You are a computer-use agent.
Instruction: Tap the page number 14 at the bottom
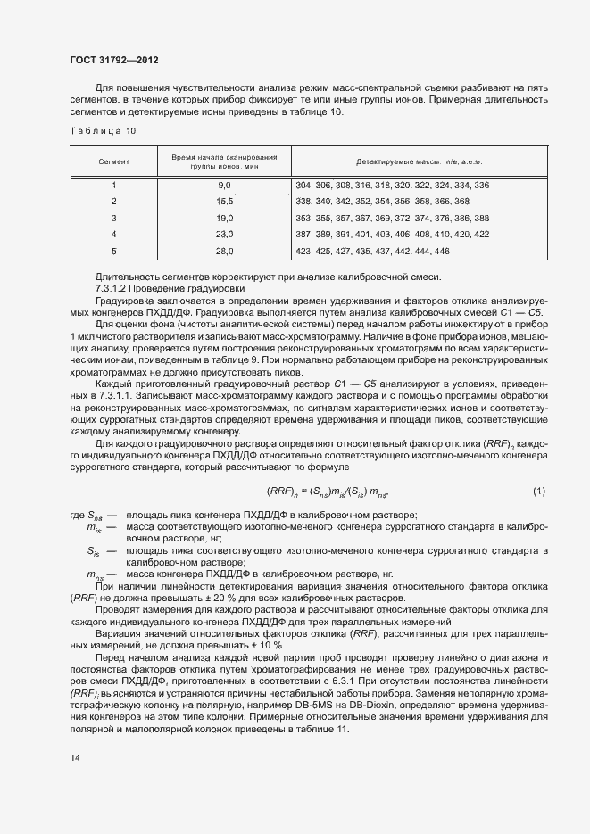pyautogui.click(x=74, y=758)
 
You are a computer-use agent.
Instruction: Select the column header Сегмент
pyautogui.click(x=114, y=162)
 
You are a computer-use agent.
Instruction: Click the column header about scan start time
pyautogui.click(x=224, y=162)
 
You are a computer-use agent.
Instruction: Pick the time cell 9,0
pyautogui.click(x=224, y=186)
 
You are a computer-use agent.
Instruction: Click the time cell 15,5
pyautogui.click(x=224, y=202)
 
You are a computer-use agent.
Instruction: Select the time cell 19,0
pyautogui.click(x=224, y=218)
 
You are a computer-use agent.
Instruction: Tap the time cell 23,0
pyautogui.click(x=224, y=234)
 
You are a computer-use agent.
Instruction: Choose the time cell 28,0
pyautogui.click(x=224, y=251)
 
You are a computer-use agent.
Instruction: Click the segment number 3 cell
pyautogui.click(x=114, y=218)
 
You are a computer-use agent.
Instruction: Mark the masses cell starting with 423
pyautogui.click(x=371, y=251)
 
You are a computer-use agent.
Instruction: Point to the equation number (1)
pyautogui.click(x=538, y=491)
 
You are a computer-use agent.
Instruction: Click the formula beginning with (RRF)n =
pyautogui.click(x=326, y=491)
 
